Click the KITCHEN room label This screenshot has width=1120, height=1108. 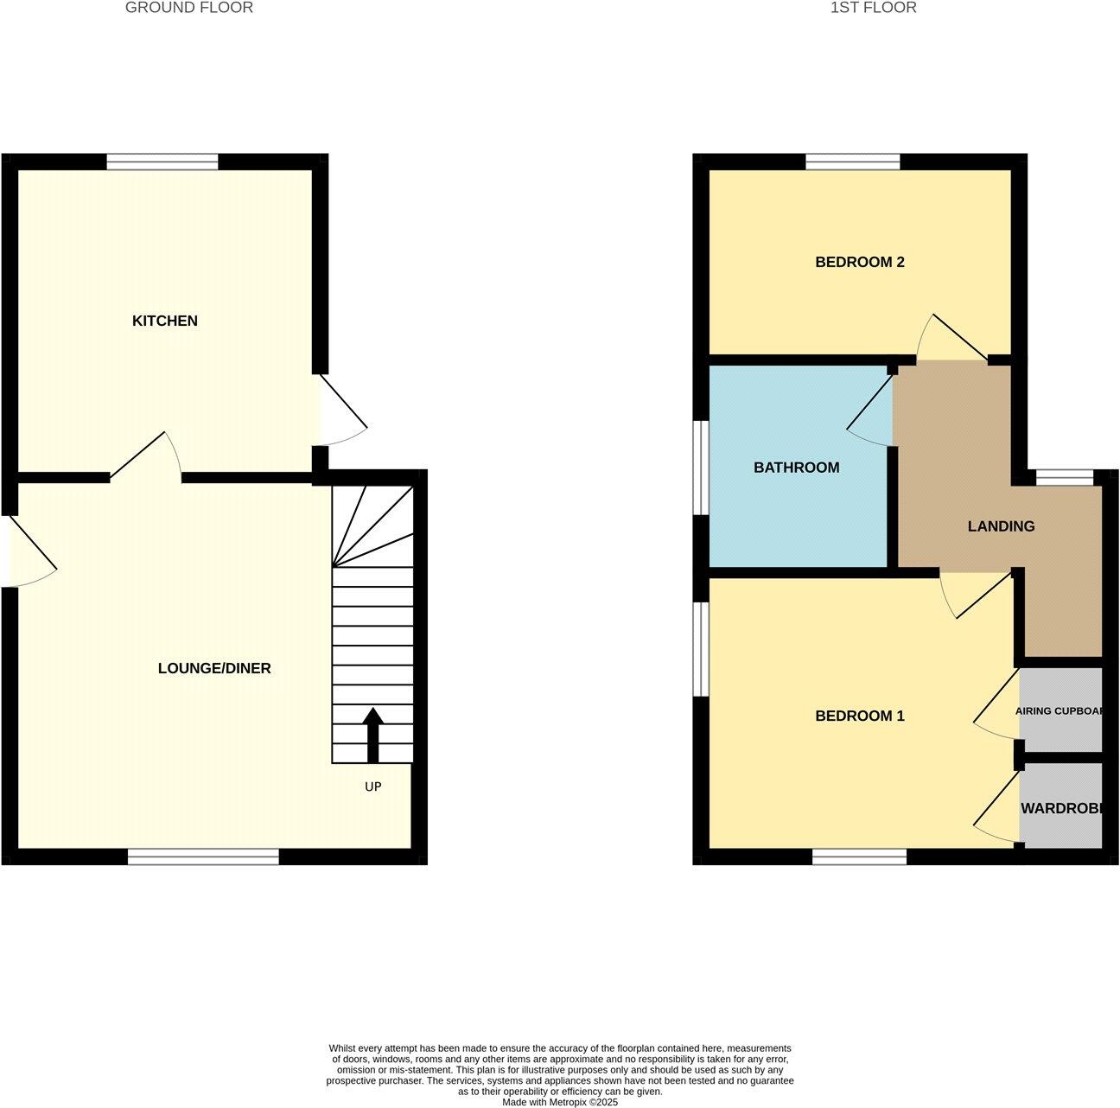(164, 321)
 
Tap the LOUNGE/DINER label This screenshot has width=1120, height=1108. (214, 668)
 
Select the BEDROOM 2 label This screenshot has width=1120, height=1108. (859, 262)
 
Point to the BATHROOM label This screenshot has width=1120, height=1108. (796, 468)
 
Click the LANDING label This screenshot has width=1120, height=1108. (1001, 525)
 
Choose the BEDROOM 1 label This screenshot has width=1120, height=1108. (859, 716)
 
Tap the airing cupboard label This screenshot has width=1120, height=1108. (1060, 711)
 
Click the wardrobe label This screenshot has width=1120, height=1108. (1061, 809)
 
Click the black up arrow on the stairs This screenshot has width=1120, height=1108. (372, 735)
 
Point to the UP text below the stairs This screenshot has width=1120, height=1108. (372, 786)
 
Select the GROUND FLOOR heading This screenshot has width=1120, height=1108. (189, 8)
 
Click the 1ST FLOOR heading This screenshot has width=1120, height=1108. (873, 8)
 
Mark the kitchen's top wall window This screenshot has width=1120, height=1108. (162, 162)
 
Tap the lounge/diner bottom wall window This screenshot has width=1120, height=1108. (203, 856)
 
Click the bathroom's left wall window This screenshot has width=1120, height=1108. (702, 468)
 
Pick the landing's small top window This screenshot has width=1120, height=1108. (1065, 477)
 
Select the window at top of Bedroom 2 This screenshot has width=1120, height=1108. (853, 162)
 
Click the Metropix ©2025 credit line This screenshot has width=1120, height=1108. (560, 1102)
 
